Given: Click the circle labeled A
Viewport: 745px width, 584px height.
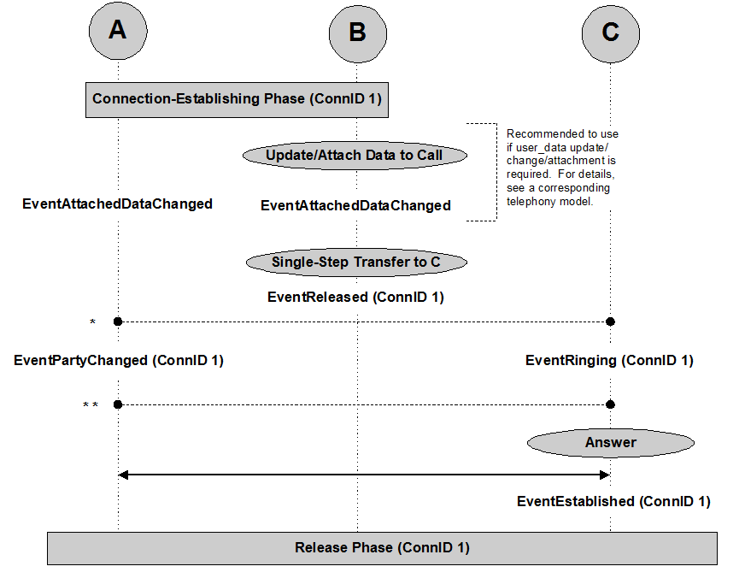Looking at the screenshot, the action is pyautogui.click(x=118, y=31).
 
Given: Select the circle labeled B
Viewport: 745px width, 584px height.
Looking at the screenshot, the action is pyautogui.click(x=358, y=33).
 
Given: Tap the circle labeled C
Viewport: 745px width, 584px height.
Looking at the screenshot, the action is pyautogui.click(x=611, y=33).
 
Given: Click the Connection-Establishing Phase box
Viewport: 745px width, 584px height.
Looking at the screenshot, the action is pyautogui.click(x=238, y=100).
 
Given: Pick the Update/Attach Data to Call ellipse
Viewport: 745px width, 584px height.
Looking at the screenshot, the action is pyautogui.click(x=355, y=156).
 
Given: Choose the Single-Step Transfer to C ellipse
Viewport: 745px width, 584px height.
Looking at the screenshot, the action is pyautogui.click(x=356, y=262).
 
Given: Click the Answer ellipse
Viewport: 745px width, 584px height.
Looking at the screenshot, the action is pyautogui.click(x=611, y=443).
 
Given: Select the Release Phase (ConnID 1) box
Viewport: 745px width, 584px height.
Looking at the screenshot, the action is pyautogui.click(x=382, y=548).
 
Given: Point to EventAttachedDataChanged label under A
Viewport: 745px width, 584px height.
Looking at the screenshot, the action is pyautogui.click(x=117, y=204).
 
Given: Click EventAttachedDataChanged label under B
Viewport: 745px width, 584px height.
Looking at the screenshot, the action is pyautogui.click(x=356, y=206).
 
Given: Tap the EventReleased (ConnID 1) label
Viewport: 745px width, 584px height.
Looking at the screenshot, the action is pyautogui.click(x=356, y=298).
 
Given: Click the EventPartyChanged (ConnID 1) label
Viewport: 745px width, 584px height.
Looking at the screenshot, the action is pyautogui.click(x=119, y=361).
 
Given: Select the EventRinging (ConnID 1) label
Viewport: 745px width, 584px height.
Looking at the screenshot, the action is pyautogui.click(x=610, y=361).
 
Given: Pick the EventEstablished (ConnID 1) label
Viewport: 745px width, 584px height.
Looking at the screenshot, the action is pyautogui.click(x=614, y=501).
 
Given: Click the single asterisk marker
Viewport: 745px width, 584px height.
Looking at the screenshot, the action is pyautogui.click(x=92, y=322).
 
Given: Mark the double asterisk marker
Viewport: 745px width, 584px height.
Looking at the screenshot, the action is pyautogui.click(x=91, y=405).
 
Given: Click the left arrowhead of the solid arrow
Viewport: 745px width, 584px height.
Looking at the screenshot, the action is pyautogui.click(x=123, y=475).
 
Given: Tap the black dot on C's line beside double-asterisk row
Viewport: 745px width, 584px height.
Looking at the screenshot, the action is pyautogui.click(x=611, y=404).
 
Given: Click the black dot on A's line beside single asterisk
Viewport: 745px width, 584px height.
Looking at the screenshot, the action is pyautogui.click(x=118, y=322).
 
